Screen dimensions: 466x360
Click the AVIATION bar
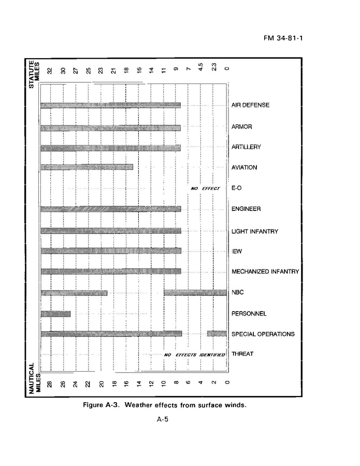[x=87, y=167]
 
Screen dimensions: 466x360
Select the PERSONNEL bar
[x=55, y=313]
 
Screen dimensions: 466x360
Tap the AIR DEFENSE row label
[x=250, y=105]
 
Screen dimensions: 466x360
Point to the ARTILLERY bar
[x=110, y=148]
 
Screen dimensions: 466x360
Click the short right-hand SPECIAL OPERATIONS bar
[x=217, y=333]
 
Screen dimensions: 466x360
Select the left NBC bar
[x=74, y=292]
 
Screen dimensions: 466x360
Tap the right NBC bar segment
[x=195, y=292]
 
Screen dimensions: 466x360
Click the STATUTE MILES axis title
[x=33, y=75]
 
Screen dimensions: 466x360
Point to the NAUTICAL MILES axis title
[x=33, y=379]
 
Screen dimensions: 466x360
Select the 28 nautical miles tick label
[x=50, y=384]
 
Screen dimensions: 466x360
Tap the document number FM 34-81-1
[x=279, y=38]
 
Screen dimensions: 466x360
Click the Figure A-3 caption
[x=165, y=405]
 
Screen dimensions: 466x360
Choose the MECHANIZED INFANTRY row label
[x=265, y=272]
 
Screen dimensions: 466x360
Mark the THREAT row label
[x=242, y=355]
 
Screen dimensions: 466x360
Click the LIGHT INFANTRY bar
[x=110, y=231]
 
